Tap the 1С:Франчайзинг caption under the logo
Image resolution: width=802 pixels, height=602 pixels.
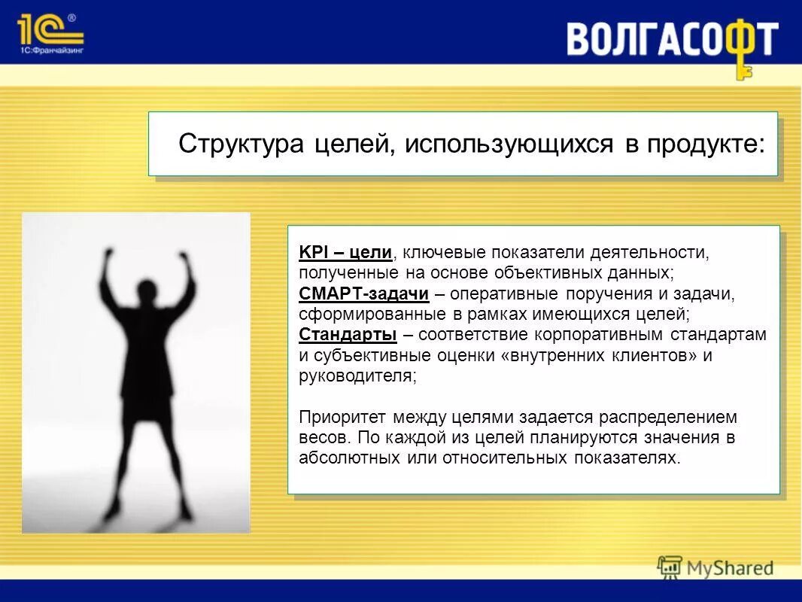tap(50, 50)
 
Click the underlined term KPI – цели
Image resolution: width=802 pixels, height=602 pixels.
tap(345, 253)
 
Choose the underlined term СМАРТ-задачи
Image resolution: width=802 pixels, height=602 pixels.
tap(363, 293)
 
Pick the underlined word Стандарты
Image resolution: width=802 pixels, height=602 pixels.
tap(347, 335)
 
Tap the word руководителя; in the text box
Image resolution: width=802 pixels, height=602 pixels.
tap(357, 376)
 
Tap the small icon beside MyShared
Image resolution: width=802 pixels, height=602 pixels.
tap(670, 567)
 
